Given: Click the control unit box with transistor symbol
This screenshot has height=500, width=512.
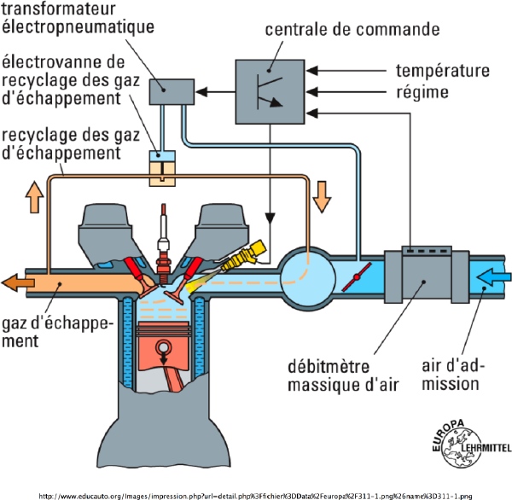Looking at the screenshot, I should [x=267, y=84].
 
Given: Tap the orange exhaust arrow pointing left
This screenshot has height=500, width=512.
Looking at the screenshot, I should [x=21, y=279].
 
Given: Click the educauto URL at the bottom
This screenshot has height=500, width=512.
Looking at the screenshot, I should [x=255, y=492].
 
